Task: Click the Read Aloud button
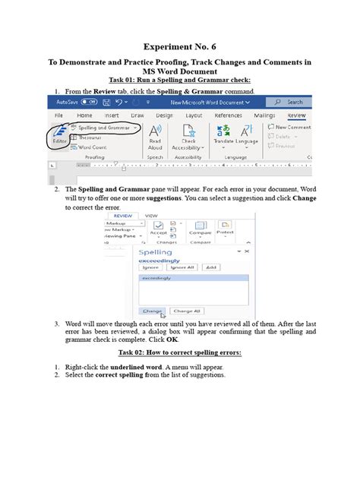pyautogui.click(x=155, y=134)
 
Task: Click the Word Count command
pyautogui.click(x=91, y=147)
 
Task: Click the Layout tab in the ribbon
pyautogui.click(x=194, y=115)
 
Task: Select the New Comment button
pyautogui.click(x=291, y=128)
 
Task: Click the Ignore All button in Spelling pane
pyautogui.click(x=182, y=267)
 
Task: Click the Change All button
pyautogui.click(x=187, y=311)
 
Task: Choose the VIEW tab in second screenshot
pyautogui.click(x=152, y=216)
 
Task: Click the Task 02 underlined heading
pyautogui.click(x=179, y=353)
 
